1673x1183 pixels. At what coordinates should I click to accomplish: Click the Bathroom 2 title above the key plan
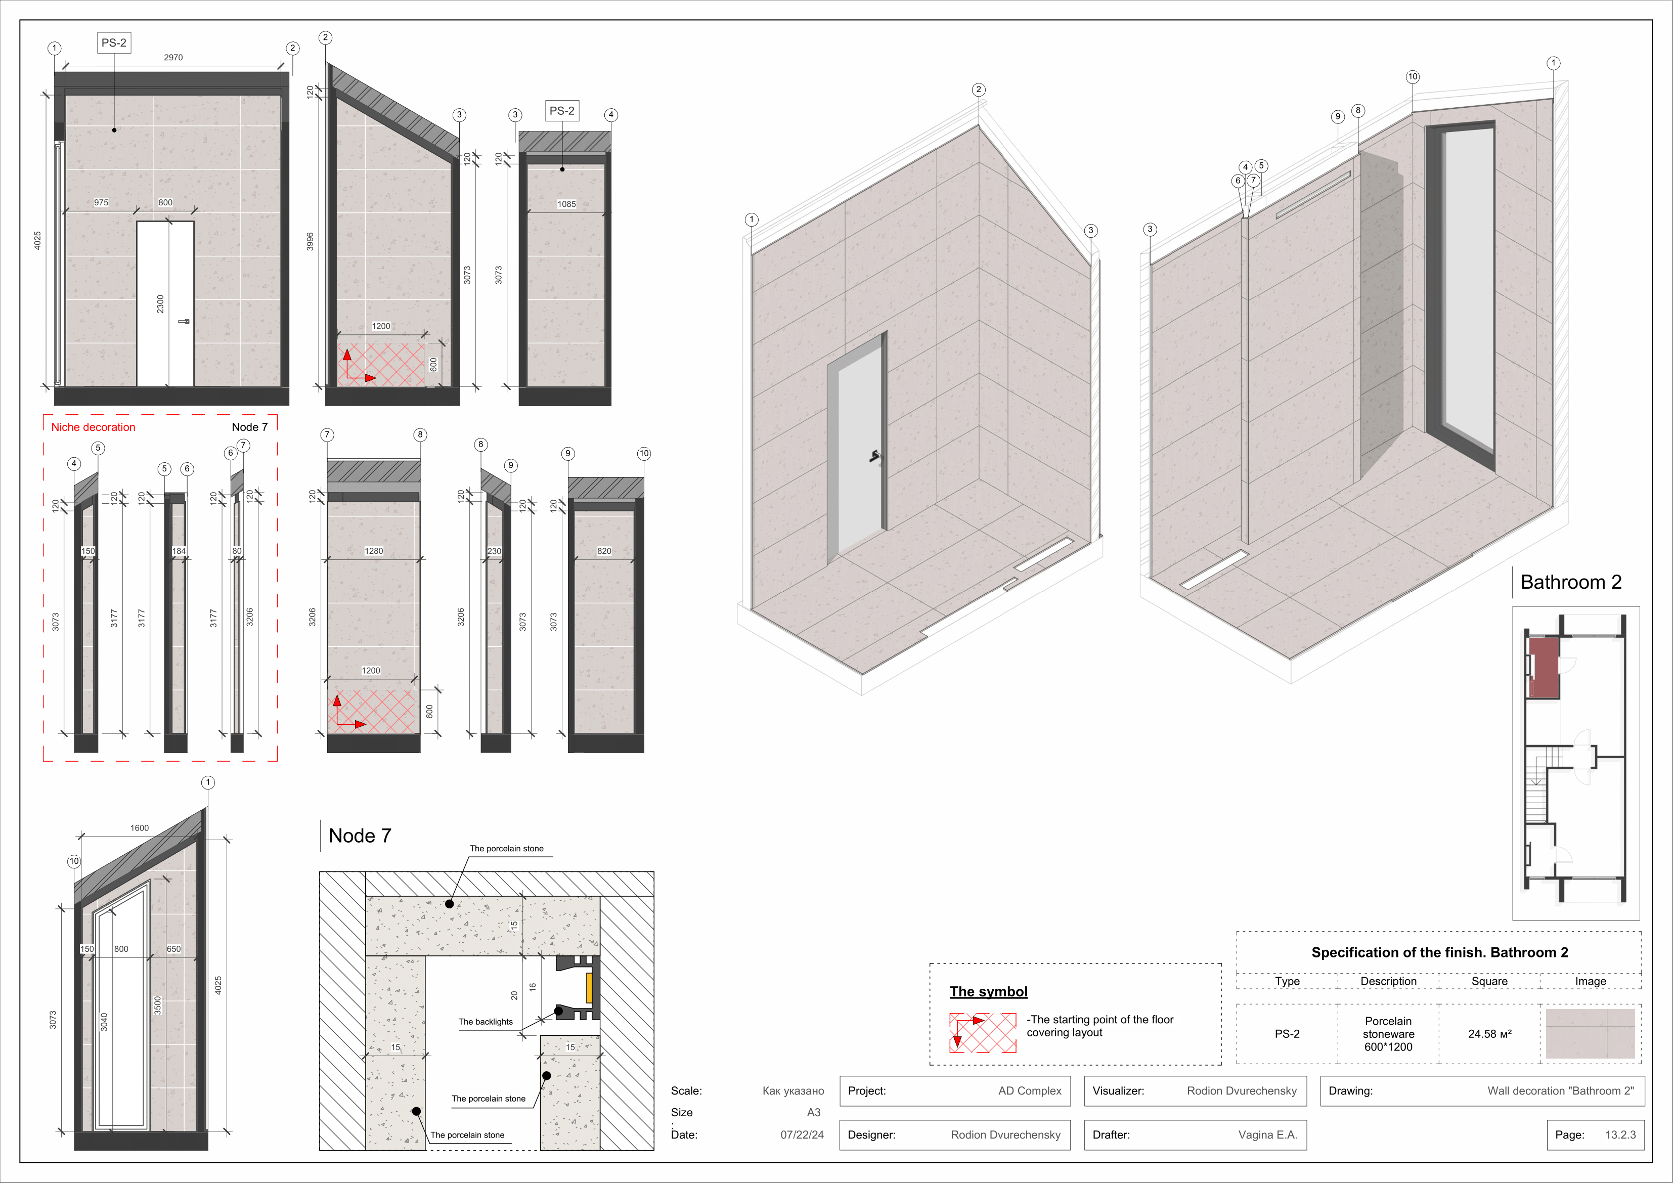tap(1571, 582)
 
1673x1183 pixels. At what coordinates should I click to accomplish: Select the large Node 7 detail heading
tap(360, 836)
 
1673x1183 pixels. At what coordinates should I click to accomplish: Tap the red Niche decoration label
tap(93, 427)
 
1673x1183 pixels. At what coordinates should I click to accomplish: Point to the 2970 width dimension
tap(173, 58)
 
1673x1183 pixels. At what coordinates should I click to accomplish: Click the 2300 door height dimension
tap(160, 304)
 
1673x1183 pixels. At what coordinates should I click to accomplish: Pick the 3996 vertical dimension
tap(310, 242)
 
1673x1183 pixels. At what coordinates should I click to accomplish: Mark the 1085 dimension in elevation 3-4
tap(566, 204)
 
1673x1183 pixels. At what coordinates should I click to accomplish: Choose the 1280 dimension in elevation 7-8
tap(374, 551)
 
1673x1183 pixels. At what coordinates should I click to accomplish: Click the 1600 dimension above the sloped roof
tap(139, 828)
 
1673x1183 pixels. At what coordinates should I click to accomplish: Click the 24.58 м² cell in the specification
tap(1489, 1034)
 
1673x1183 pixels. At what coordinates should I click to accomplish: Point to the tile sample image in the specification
tap(1590, 1034)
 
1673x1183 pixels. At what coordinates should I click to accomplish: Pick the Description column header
tap(1388, 981)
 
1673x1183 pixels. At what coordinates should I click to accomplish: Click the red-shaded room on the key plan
tap(1544, 667)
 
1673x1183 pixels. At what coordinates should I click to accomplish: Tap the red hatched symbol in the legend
tap(982, 1033)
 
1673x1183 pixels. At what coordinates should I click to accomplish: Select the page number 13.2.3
tap(1620, 1135)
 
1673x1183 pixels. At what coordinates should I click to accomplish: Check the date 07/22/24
tap(802, 1135)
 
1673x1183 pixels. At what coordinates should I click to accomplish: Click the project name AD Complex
tap(1030, 1091)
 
